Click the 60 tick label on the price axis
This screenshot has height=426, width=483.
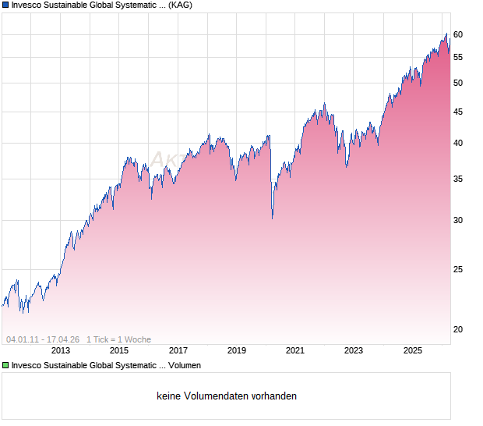pyautogui.click(x=458, y=34)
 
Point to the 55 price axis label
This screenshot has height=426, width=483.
pyautogui.click(x=458, y=57)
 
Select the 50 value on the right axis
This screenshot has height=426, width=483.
pyautogui.click(x=458, y=83)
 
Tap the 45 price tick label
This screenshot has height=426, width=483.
pyautogui.click(x=458, y=112)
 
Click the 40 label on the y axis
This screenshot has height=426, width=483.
pyautogui.click(x=458, y=143)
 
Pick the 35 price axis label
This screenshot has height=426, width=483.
pyautogui.click(x=458, y=179)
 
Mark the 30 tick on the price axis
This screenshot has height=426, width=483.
pyautogui.click(x=458, y=220)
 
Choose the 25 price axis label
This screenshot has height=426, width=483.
pyautogui.click(x=458, y=269)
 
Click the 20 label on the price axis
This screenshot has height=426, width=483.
pyautogui.click(x=458, y=329)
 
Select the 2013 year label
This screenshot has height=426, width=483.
pyautogui.click(x=61, y=351)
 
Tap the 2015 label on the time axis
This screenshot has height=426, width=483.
pyautogui.click(x=119, y=351)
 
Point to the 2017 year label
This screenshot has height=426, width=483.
pyautogui.click(x=178, y=351)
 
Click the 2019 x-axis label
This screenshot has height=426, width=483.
pyautogui.click(x=237, y=351)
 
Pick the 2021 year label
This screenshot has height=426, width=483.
pyautogui.click(x=295, y=351)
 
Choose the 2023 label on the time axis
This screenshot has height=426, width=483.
pyautogui.click(x=354, y=351)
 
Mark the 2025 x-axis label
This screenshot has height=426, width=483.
pyautogui.click(x=412, y=351)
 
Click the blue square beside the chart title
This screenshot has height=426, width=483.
pyautogui.click(x=5, y=5)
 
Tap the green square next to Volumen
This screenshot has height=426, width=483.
pyautogui.click(x=5, y=365)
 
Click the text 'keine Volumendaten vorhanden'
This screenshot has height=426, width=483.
pyautogui.click(x=227, y=396)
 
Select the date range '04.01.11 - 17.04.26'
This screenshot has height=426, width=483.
pyautogui.click(x=43, y=339)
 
